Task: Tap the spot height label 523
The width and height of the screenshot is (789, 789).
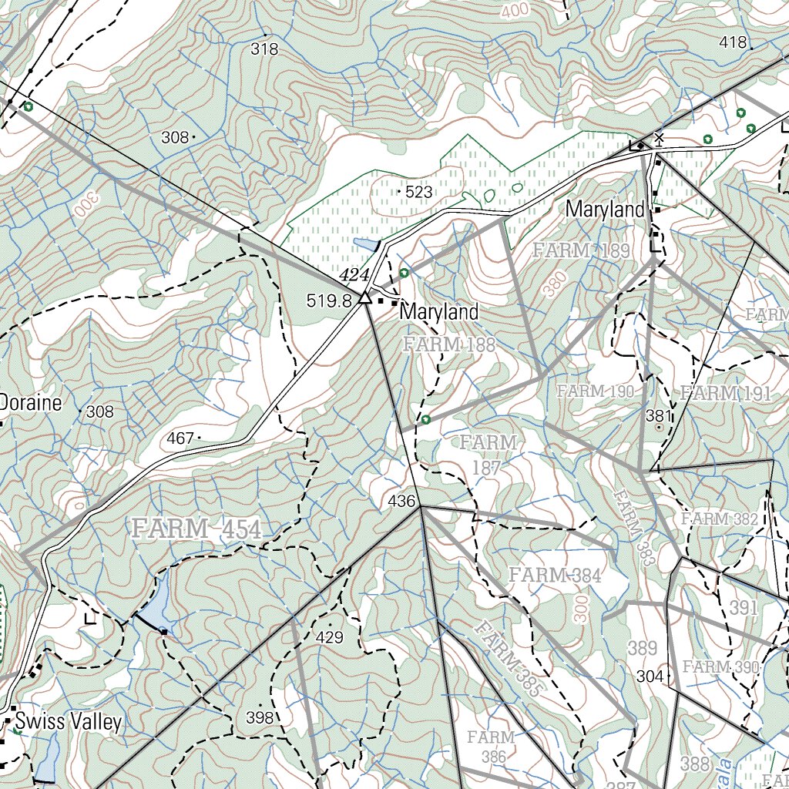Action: pyautogui.click(x=418, y=192)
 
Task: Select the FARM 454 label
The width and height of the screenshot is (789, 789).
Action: pyautogui.click(x=197, y=529)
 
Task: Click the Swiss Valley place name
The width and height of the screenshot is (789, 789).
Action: pyautogui.click(x=68, y=722)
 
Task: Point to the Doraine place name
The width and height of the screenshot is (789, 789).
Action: pyautogui.click(x=30, y=402)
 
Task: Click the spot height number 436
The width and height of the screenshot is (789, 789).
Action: pyautogui.click(x=401, y=501)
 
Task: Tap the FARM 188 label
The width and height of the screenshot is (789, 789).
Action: pyautogui.click(x=449, y=344)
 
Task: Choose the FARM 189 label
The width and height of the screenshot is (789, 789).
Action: pyautogui.click(x=581, y=250)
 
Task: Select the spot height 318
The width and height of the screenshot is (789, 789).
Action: pyautogui.click(x=264, y=49)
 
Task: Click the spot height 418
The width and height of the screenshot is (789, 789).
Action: pyautogui.click(x=733, y=42)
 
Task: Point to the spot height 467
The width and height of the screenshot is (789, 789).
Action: pyautogui.click(x=180, y=438)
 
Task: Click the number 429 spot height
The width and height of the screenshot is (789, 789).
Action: pyautogui.click(x=329, y=637)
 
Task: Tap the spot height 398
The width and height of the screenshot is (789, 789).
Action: pyautogui.click(x=260, y=717)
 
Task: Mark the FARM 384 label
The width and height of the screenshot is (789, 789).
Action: pyautogui.click(x=554, y=575)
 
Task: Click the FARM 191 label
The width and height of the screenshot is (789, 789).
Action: pyautogui.click(x=725, y=394)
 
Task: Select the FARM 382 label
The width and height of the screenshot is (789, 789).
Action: pyautogui.click(x=720, y=519)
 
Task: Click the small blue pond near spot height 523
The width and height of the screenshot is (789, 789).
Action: pyautogui.click(x=365, y=245)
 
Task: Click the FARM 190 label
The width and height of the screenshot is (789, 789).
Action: pyautogui.click(x=596, y=391)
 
